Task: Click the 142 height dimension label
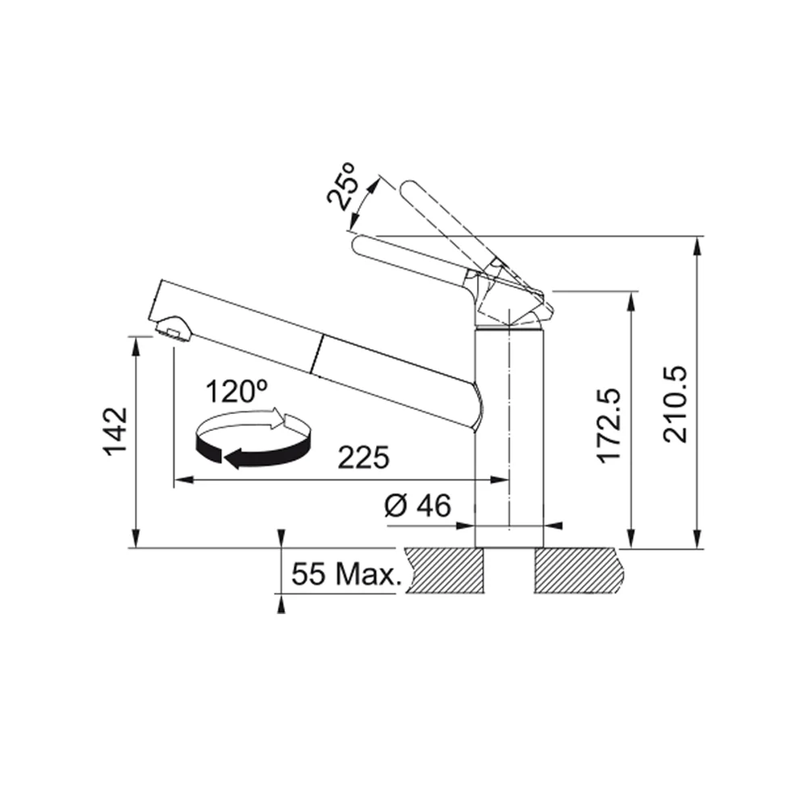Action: tap(115, 431)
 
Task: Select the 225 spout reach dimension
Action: tap(363, 458)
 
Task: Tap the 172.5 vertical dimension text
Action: tap(610, 425)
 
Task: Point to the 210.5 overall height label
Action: tap(675, 404)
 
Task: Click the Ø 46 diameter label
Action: tap(417, 505)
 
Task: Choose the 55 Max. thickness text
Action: tap(346, 573)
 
